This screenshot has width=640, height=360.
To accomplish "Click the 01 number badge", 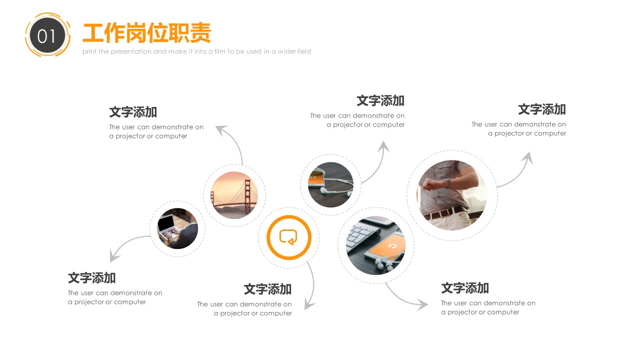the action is coord(47,35).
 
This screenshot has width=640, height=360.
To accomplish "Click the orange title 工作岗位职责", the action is coord(147,32).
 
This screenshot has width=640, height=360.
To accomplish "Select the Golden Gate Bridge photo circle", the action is coord(234,195).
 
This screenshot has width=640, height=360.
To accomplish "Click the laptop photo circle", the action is coord(177,228).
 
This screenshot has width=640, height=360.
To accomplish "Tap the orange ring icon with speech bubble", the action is coord(289,237).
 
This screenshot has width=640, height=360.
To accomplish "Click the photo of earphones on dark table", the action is coord(331,184).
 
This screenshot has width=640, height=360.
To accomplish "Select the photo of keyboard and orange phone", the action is coord(375,245).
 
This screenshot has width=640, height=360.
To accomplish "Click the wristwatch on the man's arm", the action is coord(447,183).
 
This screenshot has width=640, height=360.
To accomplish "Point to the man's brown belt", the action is coord(445,213).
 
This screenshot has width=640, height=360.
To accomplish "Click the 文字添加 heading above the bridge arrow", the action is coord(133,112).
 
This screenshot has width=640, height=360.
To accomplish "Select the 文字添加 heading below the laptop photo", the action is coord(91,278).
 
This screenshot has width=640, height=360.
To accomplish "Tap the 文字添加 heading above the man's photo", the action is coord(541,109).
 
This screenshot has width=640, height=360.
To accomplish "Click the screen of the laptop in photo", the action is coord(166,223).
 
